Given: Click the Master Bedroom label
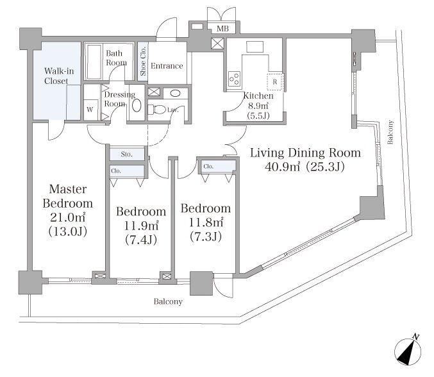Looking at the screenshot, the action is coord(68,196).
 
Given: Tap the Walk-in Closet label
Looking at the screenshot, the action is coord(59,76).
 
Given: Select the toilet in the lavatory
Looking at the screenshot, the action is coord(156,110).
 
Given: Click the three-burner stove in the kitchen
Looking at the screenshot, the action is coord(235,78).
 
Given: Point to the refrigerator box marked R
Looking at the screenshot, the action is coord(275,81).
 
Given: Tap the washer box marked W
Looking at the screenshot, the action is coord(90,110).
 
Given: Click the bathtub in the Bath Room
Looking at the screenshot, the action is coord(94,62).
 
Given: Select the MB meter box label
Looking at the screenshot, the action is coord(222,28).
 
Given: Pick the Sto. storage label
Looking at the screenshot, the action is coord(127,154).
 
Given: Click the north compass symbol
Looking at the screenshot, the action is coord(408,350).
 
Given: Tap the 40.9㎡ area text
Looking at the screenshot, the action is coord(282,167).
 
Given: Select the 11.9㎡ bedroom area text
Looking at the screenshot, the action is coord(141,226).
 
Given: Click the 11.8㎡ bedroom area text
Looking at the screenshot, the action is coord(206,222).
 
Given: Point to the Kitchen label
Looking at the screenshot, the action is coord(258,96).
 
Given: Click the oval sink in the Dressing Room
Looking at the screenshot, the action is coord(137,105).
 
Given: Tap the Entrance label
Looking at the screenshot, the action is coord(167,66).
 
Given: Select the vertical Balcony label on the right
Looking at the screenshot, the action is coord(390,132).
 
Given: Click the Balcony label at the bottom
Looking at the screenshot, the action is coord(168,301).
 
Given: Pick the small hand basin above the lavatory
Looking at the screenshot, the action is coord(175,93).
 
